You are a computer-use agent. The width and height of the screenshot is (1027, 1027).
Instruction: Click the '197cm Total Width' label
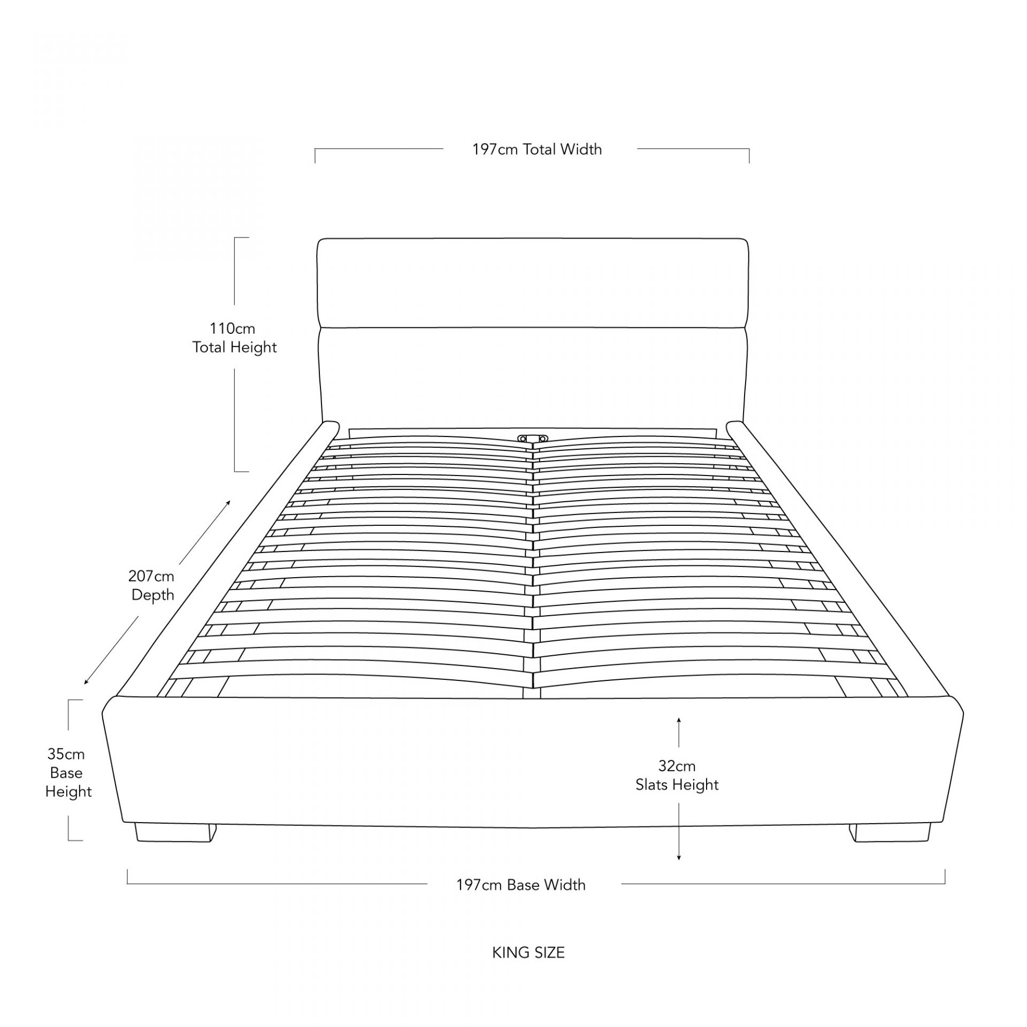537,149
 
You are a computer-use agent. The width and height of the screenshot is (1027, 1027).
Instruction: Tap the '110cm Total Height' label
234,338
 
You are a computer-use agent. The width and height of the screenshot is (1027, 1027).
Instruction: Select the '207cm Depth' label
152,586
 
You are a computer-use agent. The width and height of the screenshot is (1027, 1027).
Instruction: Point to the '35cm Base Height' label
67,773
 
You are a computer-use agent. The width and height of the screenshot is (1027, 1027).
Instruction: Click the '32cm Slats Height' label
677,776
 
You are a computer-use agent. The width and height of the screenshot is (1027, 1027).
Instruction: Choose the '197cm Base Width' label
521,885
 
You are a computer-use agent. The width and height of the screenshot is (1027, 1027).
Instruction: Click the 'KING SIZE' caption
528,953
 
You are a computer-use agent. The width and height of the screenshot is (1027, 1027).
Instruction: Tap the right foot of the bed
890,833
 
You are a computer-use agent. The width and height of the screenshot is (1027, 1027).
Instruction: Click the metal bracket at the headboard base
533,439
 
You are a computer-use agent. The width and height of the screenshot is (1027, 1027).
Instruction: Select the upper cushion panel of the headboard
533,283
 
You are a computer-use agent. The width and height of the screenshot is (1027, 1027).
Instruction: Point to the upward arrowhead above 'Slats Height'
679,720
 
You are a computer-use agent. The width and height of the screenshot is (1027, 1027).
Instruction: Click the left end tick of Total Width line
315,156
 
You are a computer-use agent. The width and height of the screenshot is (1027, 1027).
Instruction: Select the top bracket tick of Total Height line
242,237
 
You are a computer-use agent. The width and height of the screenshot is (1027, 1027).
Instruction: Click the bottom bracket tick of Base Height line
75,840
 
